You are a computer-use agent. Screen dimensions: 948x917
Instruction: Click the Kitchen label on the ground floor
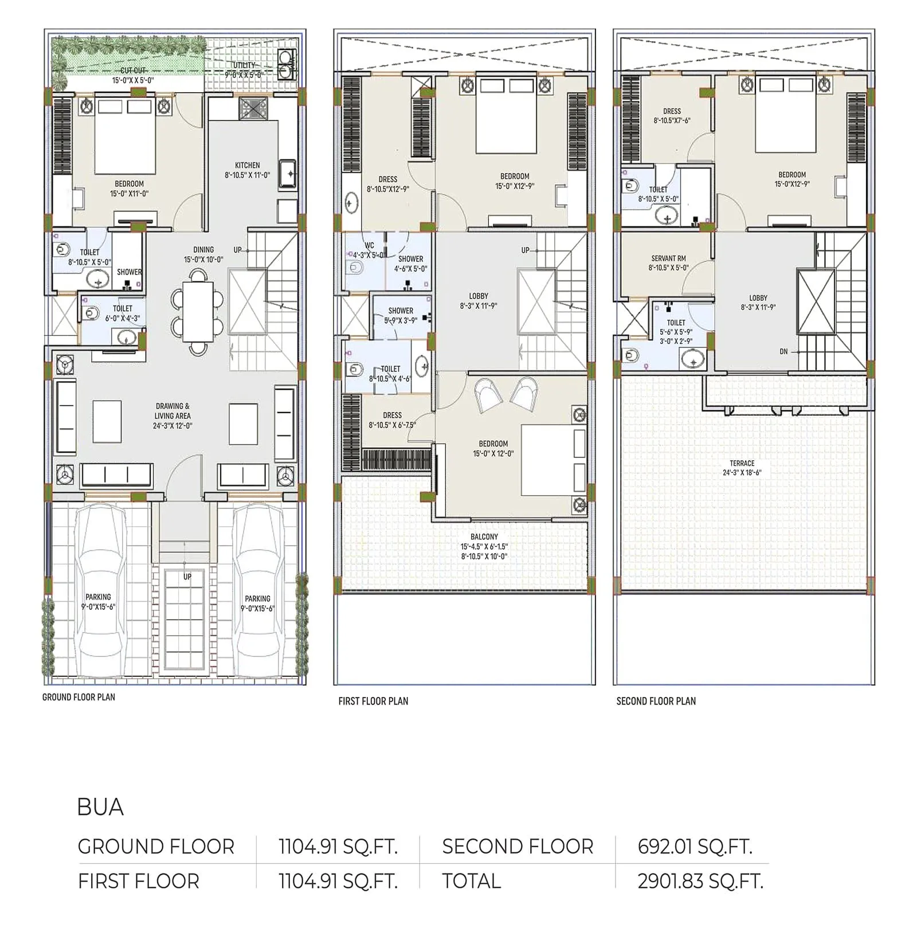(x=247, y=170)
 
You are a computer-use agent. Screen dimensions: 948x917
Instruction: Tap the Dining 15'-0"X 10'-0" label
(x=203, y=254)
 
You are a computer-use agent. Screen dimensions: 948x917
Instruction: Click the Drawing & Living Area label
(x=173, y=416)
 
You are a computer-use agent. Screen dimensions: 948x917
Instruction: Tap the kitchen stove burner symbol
(x=253, y=108)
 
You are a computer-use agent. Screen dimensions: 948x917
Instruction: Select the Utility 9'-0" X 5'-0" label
(x=244, y=70)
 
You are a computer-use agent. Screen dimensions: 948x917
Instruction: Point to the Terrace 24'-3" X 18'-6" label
(x=742, y=468)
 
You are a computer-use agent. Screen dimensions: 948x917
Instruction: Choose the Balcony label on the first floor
(x=484, y=546)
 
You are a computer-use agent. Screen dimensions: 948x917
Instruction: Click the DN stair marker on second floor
(x=783, y=351)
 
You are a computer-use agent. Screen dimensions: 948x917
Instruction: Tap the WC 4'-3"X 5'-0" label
(x=369, y=250)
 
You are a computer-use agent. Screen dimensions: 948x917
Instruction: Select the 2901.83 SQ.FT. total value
(x=700, y=881)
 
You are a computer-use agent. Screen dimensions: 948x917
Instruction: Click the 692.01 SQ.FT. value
(x=694, y=846)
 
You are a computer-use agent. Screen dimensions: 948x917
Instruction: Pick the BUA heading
(x=100, y=807)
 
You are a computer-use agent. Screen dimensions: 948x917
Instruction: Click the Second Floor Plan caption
(x=656, y=701)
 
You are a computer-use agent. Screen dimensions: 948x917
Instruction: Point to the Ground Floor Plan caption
(x=79, y=697)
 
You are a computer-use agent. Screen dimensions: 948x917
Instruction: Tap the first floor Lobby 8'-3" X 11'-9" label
(x=479, y=301)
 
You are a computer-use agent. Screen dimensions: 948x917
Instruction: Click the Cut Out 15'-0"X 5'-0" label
(x=133, y=76)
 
